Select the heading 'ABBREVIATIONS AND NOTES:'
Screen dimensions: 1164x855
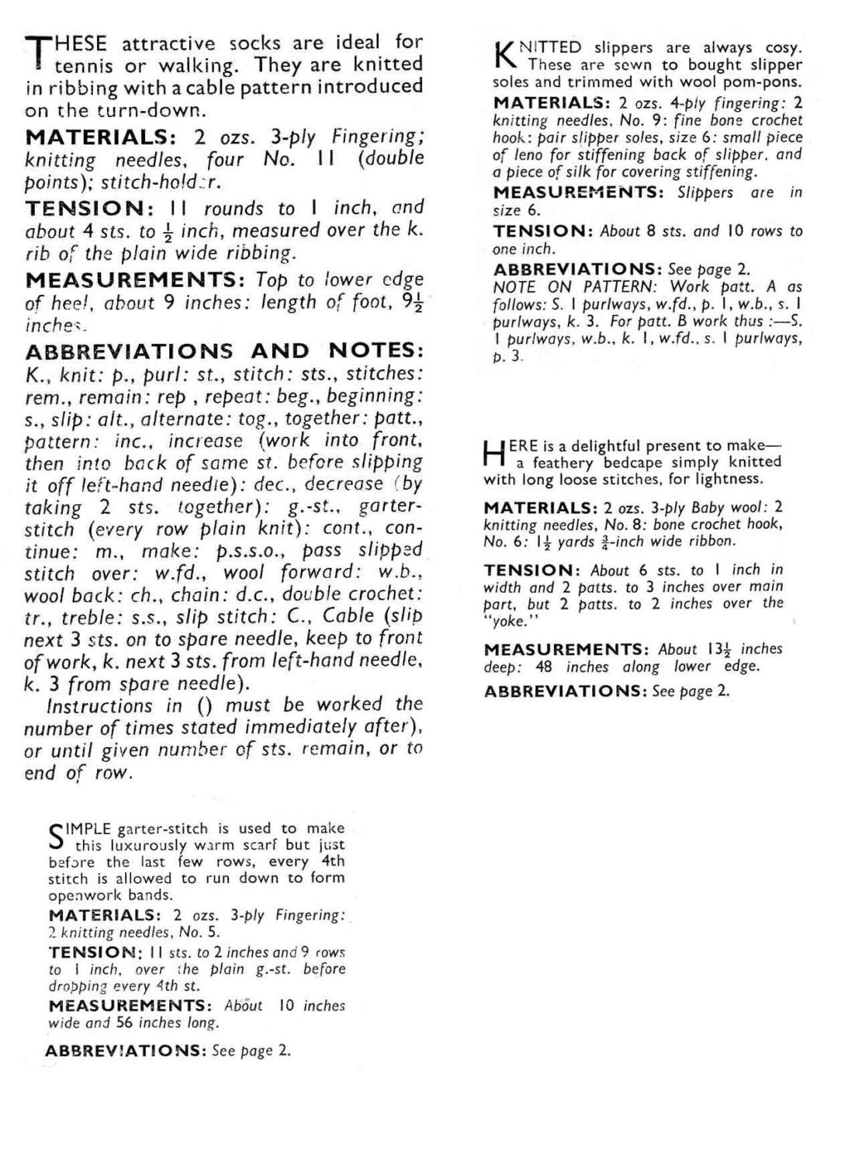click(224, 351)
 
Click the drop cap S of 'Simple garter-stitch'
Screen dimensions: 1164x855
click(56, 835)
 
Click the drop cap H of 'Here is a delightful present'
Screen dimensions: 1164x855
click(493, 454)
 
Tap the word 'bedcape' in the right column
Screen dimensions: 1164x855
click(626, 462)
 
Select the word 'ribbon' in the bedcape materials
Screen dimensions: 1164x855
click(710, 542)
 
